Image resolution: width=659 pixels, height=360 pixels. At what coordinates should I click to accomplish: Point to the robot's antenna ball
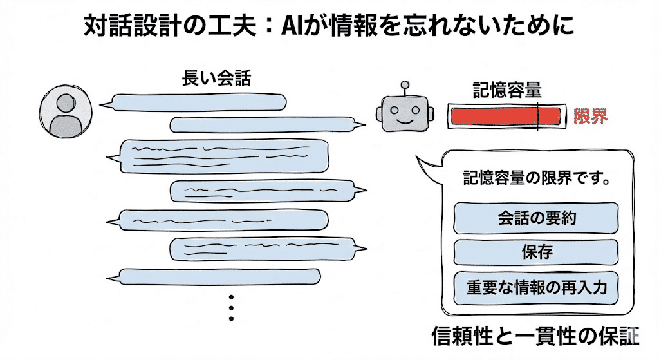405,84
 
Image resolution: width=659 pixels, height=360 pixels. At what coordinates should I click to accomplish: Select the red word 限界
590,117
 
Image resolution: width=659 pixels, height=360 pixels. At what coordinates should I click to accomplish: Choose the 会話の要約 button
536,218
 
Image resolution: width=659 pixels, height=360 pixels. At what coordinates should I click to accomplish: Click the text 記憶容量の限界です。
537,178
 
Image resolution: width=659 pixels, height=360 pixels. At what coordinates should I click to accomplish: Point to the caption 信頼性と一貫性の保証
535,336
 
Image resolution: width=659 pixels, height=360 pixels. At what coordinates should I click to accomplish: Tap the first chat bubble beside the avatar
198,102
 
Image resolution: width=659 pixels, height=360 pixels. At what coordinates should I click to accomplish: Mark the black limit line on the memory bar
537,117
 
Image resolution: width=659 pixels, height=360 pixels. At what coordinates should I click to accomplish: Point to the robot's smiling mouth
405,120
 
